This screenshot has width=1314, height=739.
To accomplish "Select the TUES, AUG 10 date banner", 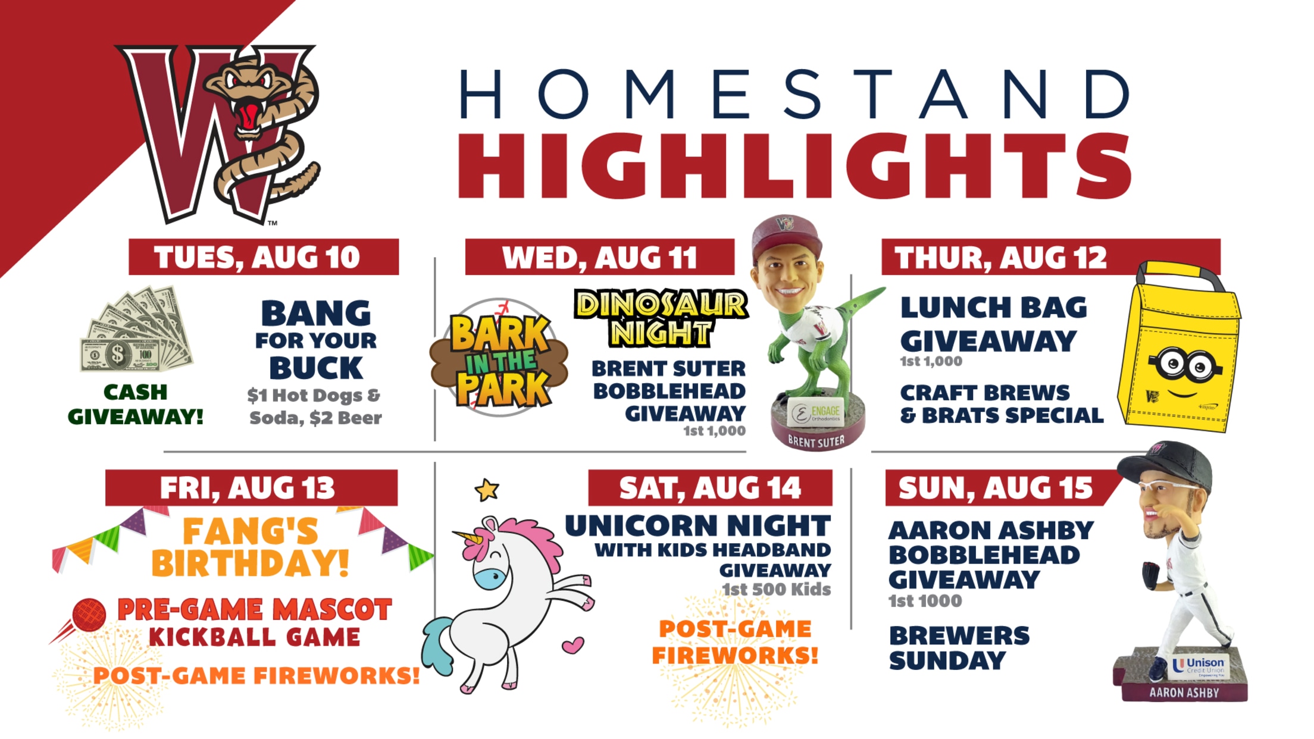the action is point(264,257).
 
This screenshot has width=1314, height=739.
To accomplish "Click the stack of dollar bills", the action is point(137,330).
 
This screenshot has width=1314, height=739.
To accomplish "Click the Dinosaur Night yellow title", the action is point(661,318).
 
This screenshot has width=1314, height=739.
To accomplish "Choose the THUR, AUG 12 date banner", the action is point(1050,257).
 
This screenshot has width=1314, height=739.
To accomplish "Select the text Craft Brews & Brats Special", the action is point(1002,404).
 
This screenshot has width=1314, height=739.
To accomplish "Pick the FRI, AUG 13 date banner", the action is point(251,488).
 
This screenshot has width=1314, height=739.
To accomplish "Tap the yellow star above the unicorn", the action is point(487,490).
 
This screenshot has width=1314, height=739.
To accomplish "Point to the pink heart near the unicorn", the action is point(573,645).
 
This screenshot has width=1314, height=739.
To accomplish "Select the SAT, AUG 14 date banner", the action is point(710,488).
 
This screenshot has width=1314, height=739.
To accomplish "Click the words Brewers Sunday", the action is point(959,648).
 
